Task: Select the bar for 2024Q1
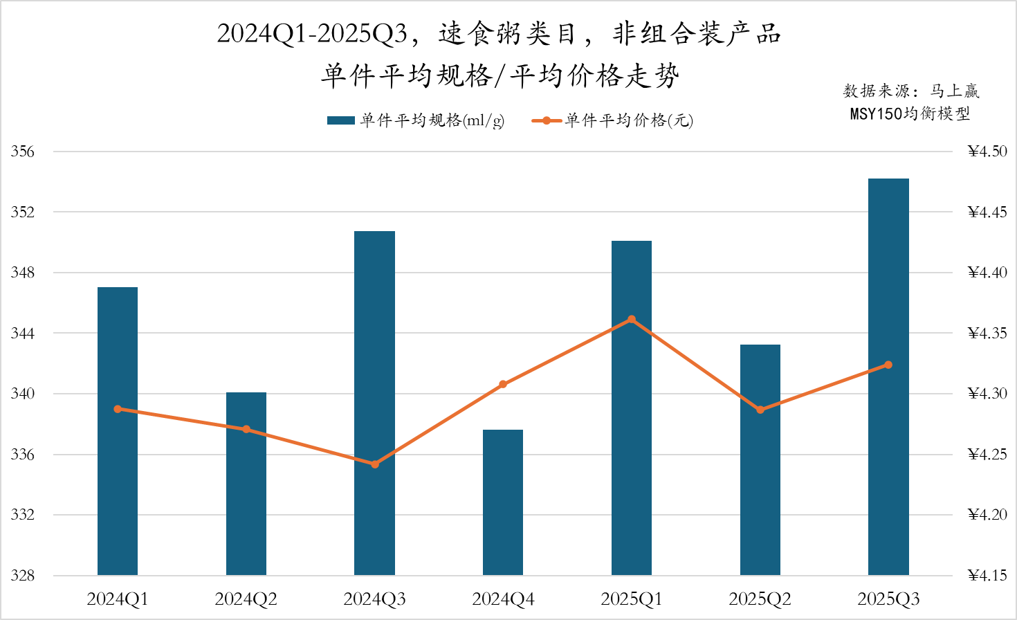[x=118, y=430]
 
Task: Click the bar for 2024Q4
[x=503, y=502]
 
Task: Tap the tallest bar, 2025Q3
[x=888, y=376]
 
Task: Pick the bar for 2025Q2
[x=760, y=459]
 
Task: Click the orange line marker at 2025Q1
[x=632, y=320]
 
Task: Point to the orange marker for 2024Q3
[x=375, y=464]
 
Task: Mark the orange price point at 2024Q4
[x=503, y=384]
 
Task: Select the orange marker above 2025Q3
[x=888, y=365]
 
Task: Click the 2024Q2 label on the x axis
[x=246, y=599]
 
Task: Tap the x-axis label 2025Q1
[x=632, y=599]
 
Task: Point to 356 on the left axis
[x=22, y=152]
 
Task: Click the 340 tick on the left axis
[x=22, y=394]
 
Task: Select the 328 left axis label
[x=22, y=576]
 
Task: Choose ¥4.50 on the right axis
[x=987, y=152]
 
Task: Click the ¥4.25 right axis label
[x=987, y=455]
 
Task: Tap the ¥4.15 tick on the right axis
[x=987, y=576]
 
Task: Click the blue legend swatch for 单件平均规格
[x=340, y=120]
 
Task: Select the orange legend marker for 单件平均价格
[x=547, y=120]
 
